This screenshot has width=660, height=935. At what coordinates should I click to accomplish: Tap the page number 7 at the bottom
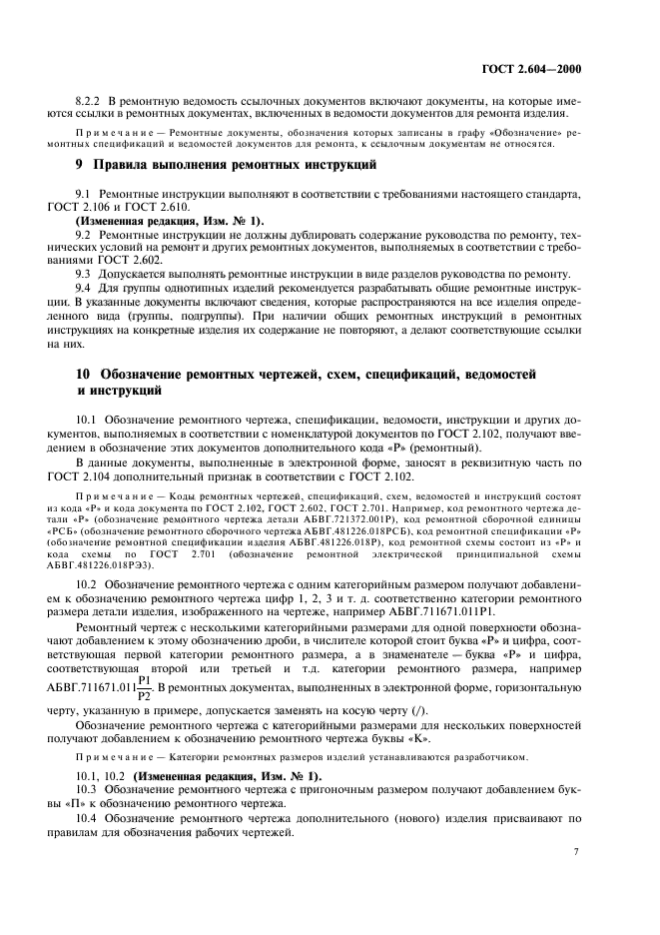(x=576, y=851)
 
